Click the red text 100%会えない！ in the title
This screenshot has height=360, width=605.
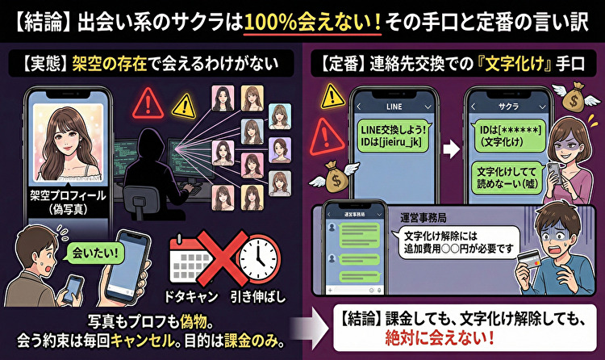pyautogui.click(x=314, y=20)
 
